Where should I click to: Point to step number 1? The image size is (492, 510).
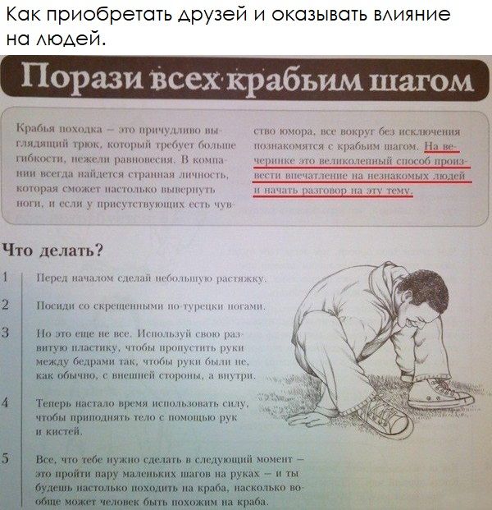pyautogui.click(x=7, y=278)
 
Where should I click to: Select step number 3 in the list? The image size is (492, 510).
pyautogui.click(x=7, y=333)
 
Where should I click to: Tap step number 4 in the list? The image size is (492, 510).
pyautogui.click(x=7, y=403)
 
